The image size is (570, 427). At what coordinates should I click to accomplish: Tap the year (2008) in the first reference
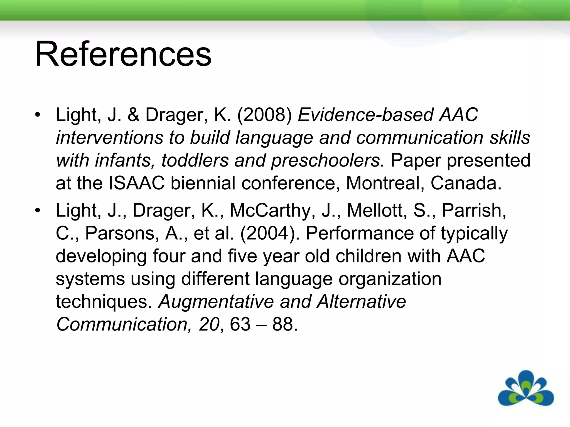pyautogui.click(x=264, y=115)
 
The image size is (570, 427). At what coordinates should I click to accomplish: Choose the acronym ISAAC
pyautogui.click(x=137, y=183)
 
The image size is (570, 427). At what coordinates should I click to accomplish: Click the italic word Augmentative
pyautogui.click(x=216, y=301)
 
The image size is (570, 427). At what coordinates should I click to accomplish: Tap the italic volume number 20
pyautogui.click(x=209, y=324)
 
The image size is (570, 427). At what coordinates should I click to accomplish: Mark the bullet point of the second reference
pyautogui.click(x=38, y=210)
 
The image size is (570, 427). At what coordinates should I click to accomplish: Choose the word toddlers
pyautogui.click(x=195, y=160)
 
